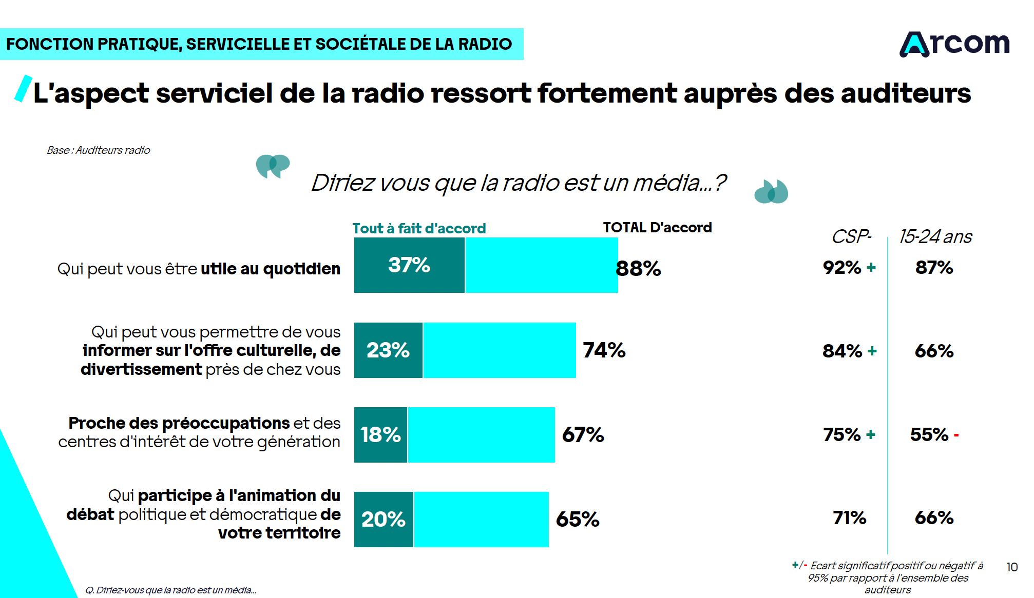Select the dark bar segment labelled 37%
tap(409, 265)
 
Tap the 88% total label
tap(638, 268)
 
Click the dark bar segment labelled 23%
tap(388, 350)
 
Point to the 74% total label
tap(604, 350)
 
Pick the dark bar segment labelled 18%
tap(380, 435)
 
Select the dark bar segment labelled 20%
tap(384, 520)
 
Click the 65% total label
tap(578, 520)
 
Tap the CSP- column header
tap(851, 236)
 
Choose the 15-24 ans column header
tap(935, 236)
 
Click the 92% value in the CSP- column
tap(841, 267)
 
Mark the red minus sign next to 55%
tap(956, 435)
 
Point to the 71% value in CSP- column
tap(849, 517)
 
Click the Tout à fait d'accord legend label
tap(419, 228)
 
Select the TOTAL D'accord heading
tap(657, 227)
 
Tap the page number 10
tap(1011, 567)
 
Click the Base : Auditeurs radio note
tap(98, 150)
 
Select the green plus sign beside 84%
tap(872, 351)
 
